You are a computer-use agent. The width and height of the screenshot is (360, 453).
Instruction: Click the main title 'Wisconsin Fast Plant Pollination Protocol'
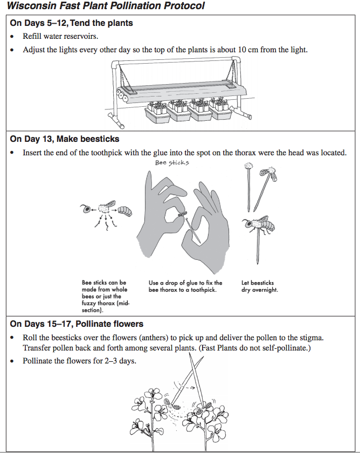[106, 6]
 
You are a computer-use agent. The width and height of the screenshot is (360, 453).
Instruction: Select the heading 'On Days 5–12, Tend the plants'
[71, 23]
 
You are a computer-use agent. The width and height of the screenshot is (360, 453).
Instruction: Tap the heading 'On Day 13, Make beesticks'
[65, 139]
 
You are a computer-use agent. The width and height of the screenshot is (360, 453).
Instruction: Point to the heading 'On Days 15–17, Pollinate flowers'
[77, 324]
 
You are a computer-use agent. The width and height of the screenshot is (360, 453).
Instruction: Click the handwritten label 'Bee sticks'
[172, 162]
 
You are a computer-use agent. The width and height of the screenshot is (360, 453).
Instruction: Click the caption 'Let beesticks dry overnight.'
[260, 286]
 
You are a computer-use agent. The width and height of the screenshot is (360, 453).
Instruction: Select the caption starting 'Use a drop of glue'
[185, 286]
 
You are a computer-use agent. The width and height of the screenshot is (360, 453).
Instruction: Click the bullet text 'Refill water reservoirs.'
[60, 37]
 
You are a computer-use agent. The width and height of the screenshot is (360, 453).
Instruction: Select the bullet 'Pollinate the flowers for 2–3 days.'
[79, 361]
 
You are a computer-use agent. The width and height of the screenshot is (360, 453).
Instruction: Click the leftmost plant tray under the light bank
[158, 114]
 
